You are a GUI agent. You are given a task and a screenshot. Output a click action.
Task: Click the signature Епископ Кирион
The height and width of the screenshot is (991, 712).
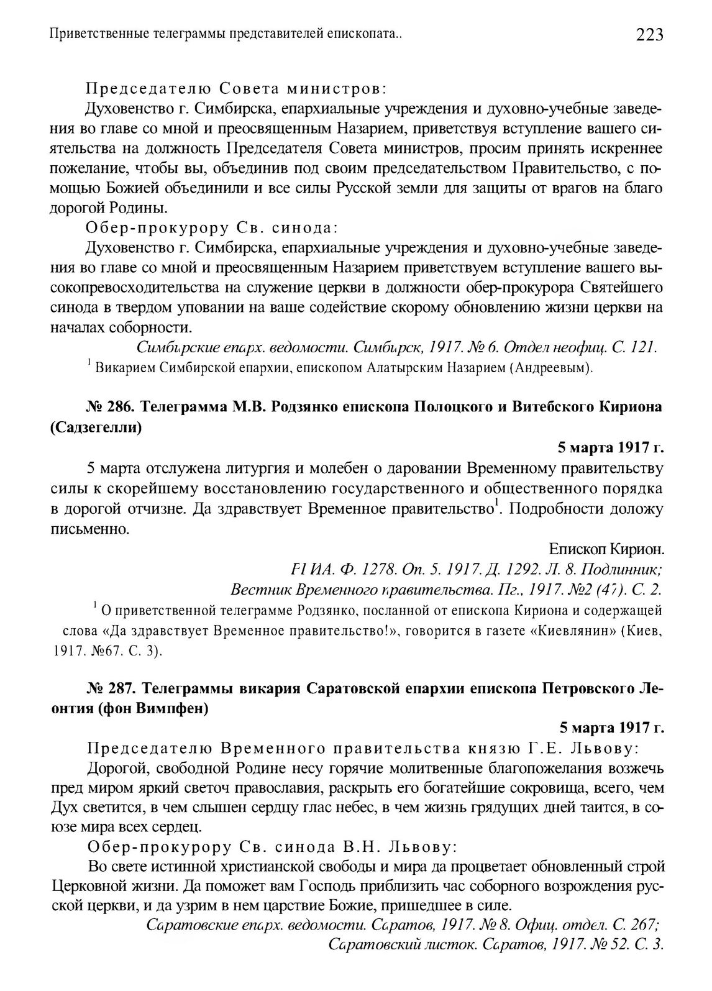click(x=606, y=549)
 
